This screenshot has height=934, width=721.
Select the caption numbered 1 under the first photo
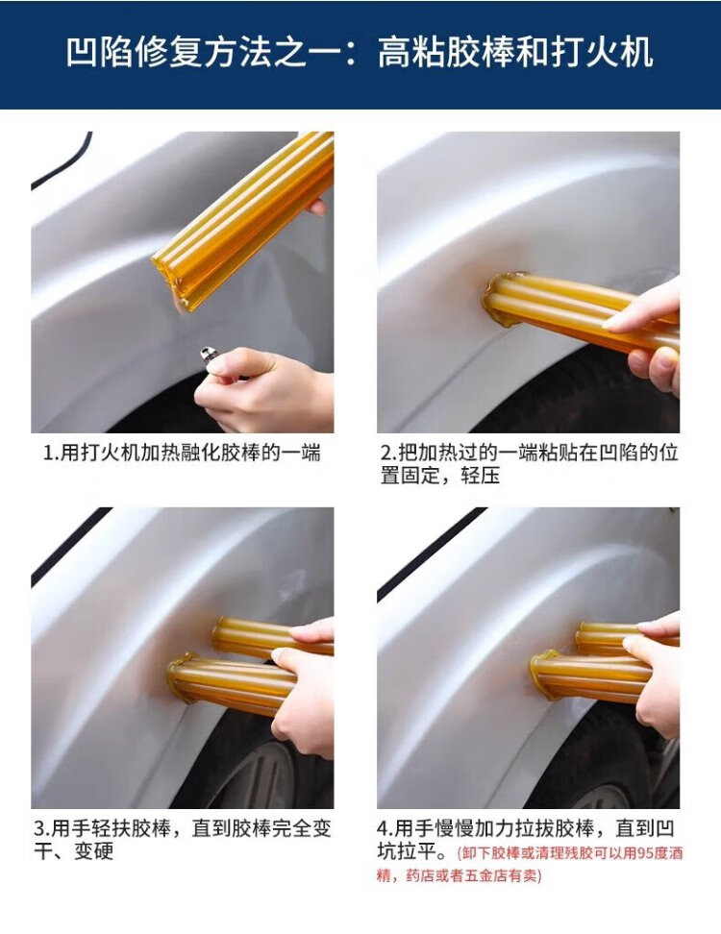pyautogui.click(x=182, y=453)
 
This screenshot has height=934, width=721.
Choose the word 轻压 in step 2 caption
pyautogui.click(x=480, y=476)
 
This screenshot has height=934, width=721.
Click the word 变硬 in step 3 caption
pyautogui.click(x=93, y=851)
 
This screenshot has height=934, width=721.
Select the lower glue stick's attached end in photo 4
pyautogui.click(x=543, y=676)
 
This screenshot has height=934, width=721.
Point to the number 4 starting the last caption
pyautogui.click(x=382, y=828)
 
